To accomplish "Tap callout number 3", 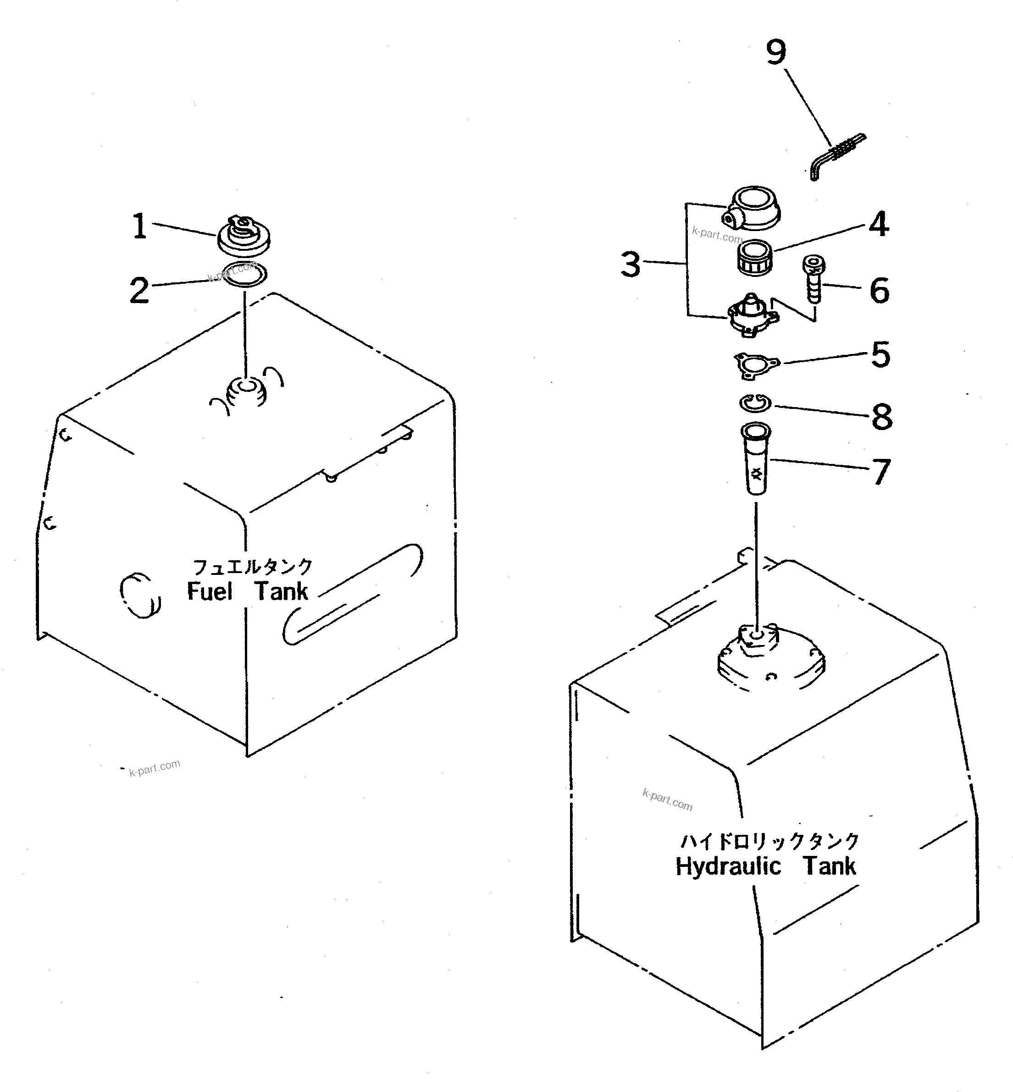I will click(631, 265).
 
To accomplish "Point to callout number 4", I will click(879, 224).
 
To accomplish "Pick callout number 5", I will click(881, 354).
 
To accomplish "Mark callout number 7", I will click(881, 471).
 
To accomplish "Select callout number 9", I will click(775, 53).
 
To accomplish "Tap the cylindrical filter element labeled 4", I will click(755, 258).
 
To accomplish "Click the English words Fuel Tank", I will click(247, 592).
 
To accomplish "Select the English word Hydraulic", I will click(728, 867).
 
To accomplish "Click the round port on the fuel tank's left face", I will click(140, 595).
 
